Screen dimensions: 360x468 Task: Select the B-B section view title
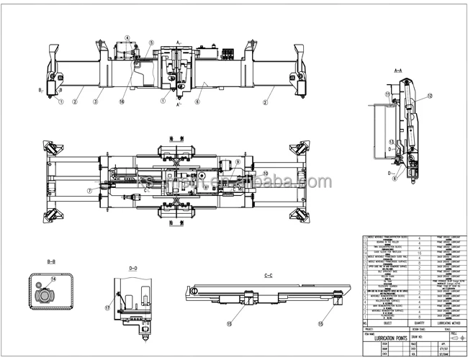50,261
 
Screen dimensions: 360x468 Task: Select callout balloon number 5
151,42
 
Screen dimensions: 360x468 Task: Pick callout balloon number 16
122,102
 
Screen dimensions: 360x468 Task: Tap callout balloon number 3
94,102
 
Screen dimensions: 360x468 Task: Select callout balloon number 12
431,95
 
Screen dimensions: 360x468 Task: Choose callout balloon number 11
387,94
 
